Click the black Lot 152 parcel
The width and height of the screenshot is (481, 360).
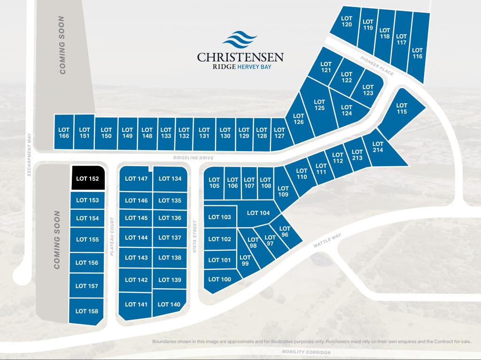point(87,178)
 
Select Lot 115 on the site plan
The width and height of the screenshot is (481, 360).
point(401,108)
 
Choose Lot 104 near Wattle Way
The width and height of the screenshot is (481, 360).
point(258,213)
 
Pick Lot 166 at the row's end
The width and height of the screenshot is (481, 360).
point(64,133)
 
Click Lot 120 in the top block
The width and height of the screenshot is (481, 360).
point(347,21)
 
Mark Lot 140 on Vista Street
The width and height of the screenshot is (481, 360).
point(169,304)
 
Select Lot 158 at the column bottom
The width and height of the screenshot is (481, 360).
point(87,311)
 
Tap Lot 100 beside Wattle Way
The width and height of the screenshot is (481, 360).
point(219,279)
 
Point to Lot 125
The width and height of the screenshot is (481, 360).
point(319,105)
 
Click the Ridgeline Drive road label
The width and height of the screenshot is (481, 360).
point(193,158)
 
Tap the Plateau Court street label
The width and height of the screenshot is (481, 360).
point(112,236)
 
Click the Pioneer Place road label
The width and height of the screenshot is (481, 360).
point(377,66)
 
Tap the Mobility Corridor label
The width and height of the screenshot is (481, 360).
point(306,352)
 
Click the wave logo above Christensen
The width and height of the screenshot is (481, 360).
point(240,40)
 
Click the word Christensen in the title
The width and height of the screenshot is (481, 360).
point(240,58)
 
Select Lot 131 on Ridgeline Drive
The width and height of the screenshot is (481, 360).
point(204,133)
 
